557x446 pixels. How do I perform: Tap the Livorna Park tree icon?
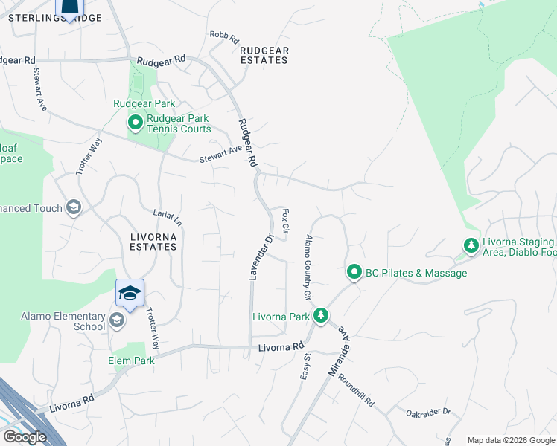[321, 317]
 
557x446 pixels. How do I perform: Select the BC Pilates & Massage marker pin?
[354, 273]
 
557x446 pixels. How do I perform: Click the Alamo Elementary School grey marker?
[116, 321]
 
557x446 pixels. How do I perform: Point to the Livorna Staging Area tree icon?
[471, 245]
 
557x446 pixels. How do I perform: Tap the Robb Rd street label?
[223, 35]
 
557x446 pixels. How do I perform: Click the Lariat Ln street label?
[168, 217]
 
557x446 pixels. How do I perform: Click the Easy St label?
[305, 366]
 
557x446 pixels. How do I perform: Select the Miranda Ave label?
[339, 352]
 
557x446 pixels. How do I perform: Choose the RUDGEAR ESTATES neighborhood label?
[264, 55]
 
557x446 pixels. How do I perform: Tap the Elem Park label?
[132, 361]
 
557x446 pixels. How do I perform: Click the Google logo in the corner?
[24, 437]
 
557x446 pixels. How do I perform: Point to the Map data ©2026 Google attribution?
[511, 440]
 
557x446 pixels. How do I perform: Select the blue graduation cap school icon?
[130, 294]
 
